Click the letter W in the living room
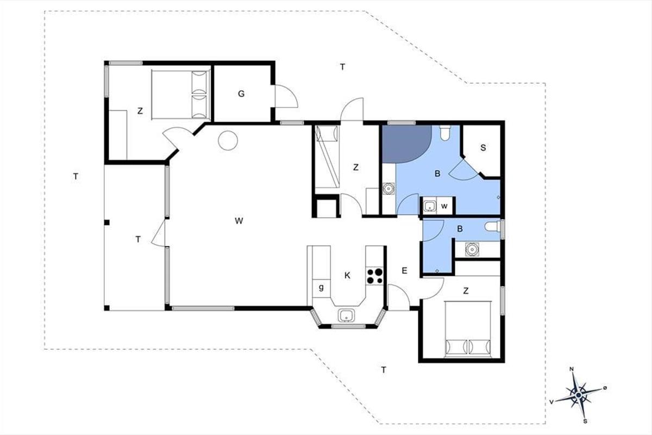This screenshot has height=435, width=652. tap(239, 221)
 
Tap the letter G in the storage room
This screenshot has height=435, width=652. tap(241, 94)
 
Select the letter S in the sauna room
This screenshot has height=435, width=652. tap(483, 148)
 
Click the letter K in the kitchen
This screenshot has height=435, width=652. tap(347, 275)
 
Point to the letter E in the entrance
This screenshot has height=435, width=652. tap(404, 271)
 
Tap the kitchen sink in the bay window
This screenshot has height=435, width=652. tap(346, 315)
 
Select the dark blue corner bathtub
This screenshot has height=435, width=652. tap(406, 144)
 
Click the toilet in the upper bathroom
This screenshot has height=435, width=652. tap(445, 133)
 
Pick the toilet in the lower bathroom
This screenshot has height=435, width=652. tap(492, 226)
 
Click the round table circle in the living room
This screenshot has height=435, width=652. tap(228, 140)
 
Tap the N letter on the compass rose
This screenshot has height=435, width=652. tap(572, 369)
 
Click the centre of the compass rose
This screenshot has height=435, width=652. tap(578, 395)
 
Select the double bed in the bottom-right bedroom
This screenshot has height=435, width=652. tap(468, 329)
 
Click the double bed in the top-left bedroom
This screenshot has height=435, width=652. tap(181, 95)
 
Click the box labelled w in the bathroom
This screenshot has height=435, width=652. tap(444, 206)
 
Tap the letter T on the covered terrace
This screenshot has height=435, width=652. tap(138, 239)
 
